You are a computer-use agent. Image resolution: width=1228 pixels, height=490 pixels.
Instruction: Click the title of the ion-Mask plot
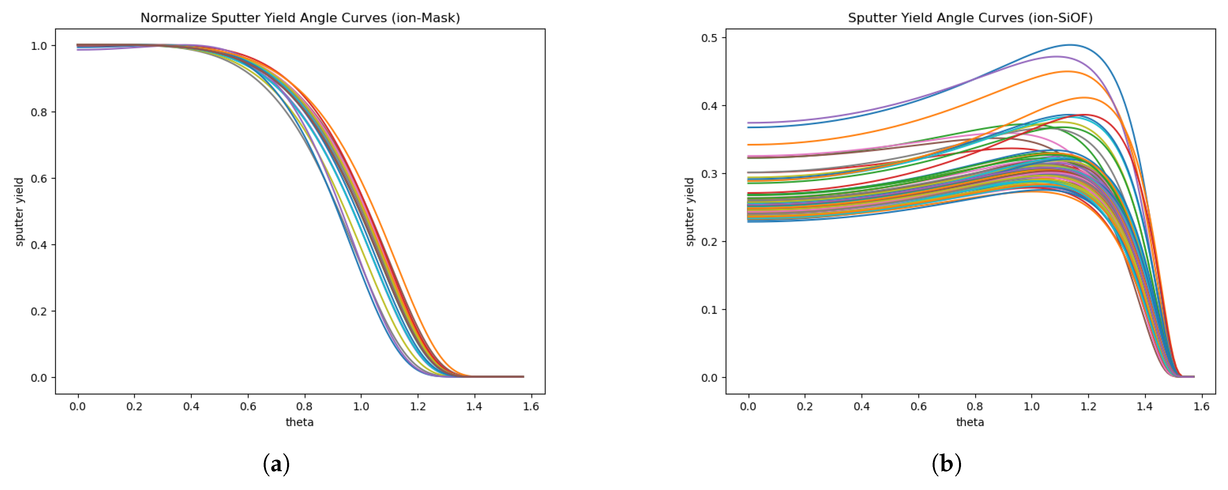(x=300, y=18)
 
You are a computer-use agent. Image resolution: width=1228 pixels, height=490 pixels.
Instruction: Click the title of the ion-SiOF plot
(x=970, y=18)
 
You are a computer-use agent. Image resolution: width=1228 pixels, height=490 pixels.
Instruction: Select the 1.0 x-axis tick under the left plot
(x=361, y=406)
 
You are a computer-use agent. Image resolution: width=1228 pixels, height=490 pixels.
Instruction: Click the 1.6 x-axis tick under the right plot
(x=1201, y=406)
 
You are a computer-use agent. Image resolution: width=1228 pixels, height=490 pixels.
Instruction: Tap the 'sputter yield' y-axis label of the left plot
(x=19, y=212)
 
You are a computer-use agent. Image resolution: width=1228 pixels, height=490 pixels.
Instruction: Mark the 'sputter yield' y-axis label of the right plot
(x=689, y=212)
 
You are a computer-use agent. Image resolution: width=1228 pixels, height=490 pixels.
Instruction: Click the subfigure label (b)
(x=946, y=464)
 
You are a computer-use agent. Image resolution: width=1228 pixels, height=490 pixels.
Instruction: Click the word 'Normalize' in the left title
(x=174, y=18)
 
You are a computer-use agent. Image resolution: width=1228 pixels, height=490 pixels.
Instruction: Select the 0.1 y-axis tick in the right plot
(x=709, y=310)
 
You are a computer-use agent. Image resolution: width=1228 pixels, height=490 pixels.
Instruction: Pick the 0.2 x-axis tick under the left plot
(x=134, y=406)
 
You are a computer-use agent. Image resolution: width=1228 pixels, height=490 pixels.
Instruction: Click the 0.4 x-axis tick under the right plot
(x=861, y=406)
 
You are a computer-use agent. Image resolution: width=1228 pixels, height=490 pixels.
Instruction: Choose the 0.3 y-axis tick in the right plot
(x=709, y=174)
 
